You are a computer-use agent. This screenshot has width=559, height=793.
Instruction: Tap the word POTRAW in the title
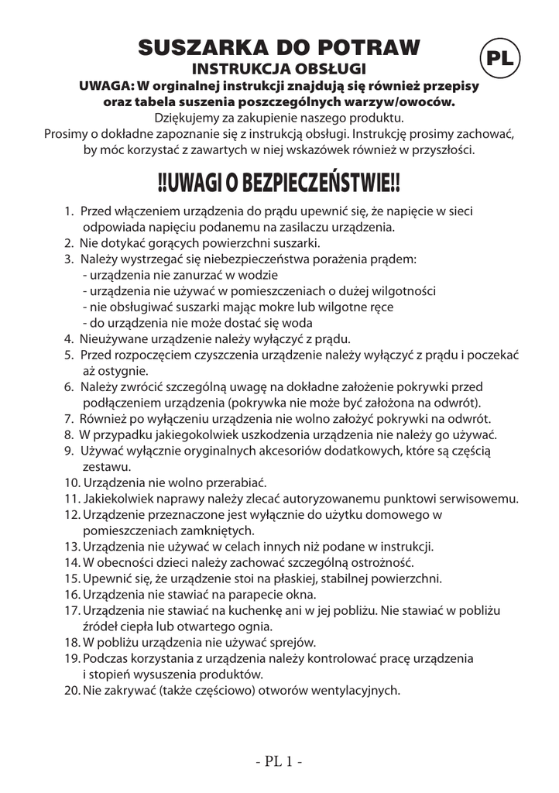[370, 48]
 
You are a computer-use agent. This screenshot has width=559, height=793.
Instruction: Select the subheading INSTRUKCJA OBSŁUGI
[279, 70]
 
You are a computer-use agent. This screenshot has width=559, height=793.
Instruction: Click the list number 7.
[68, 418]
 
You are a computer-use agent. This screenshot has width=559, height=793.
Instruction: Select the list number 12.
[70, 514]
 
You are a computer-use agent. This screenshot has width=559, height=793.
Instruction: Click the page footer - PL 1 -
[279, 760]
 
